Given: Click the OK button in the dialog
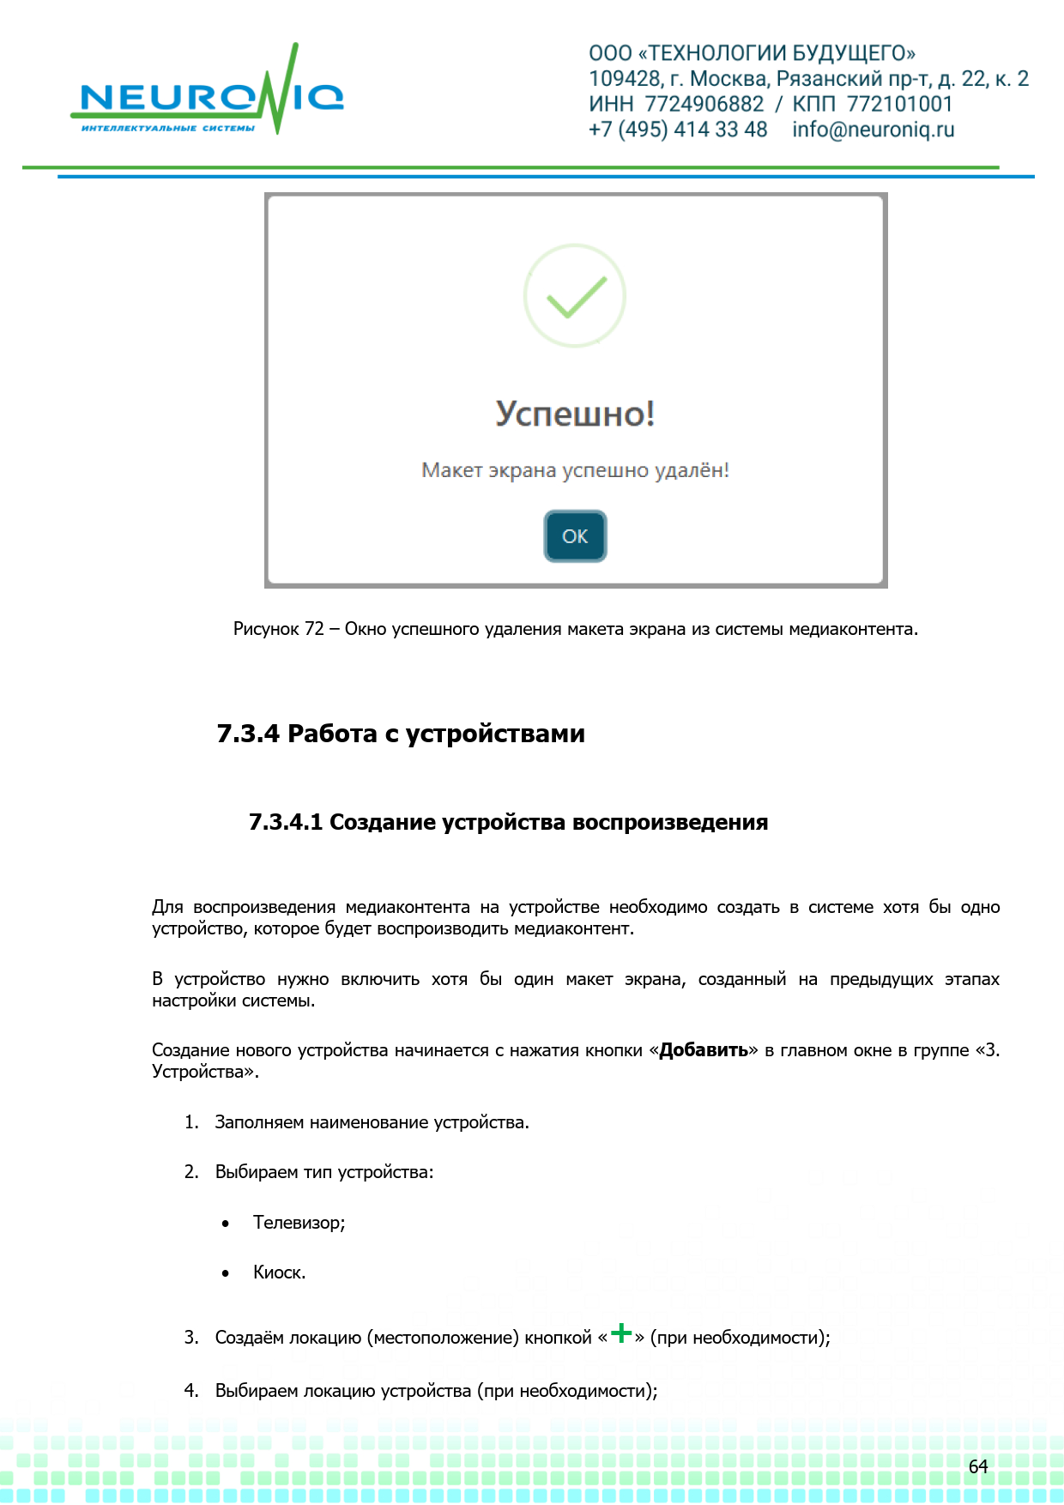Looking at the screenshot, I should [575, 536].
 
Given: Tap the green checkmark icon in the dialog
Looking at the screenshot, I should [575, 296].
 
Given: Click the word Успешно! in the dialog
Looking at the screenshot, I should [575, 414].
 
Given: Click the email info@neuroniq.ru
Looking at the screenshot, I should [873, 130].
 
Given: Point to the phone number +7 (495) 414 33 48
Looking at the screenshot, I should [678, 130].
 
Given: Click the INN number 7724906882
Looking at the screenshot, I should [704, 104].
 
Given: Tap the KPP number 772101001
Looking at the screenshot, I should [899, 104].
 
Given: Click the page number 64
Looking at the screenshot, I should [978, 1466].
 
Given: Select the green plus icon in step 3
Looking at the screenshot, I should [621, 1333].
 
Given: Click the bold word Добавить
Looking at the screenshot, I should [704, 1050].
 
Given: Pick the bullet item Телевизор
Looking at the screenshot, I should [299, 1223].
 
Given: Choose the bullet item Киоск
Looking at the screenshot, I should [279, 1272].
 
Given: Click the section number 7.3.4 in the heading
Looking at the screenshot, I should [248, 734].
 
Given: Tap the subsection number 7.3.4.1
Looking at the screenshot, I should [286, 822].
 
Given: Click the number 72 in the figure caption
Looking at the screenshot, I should [314, 629].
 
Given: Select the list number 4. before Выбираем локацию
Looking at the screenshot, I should [191, 1391].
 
